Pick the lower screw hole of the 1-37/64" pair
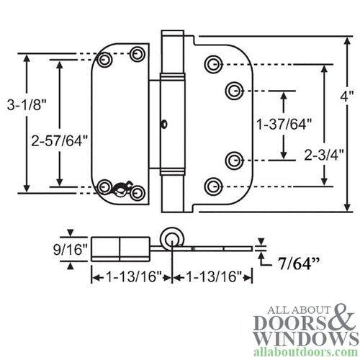tap(233, 159)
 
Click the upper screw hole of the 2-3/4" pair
tap(212, 65)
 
